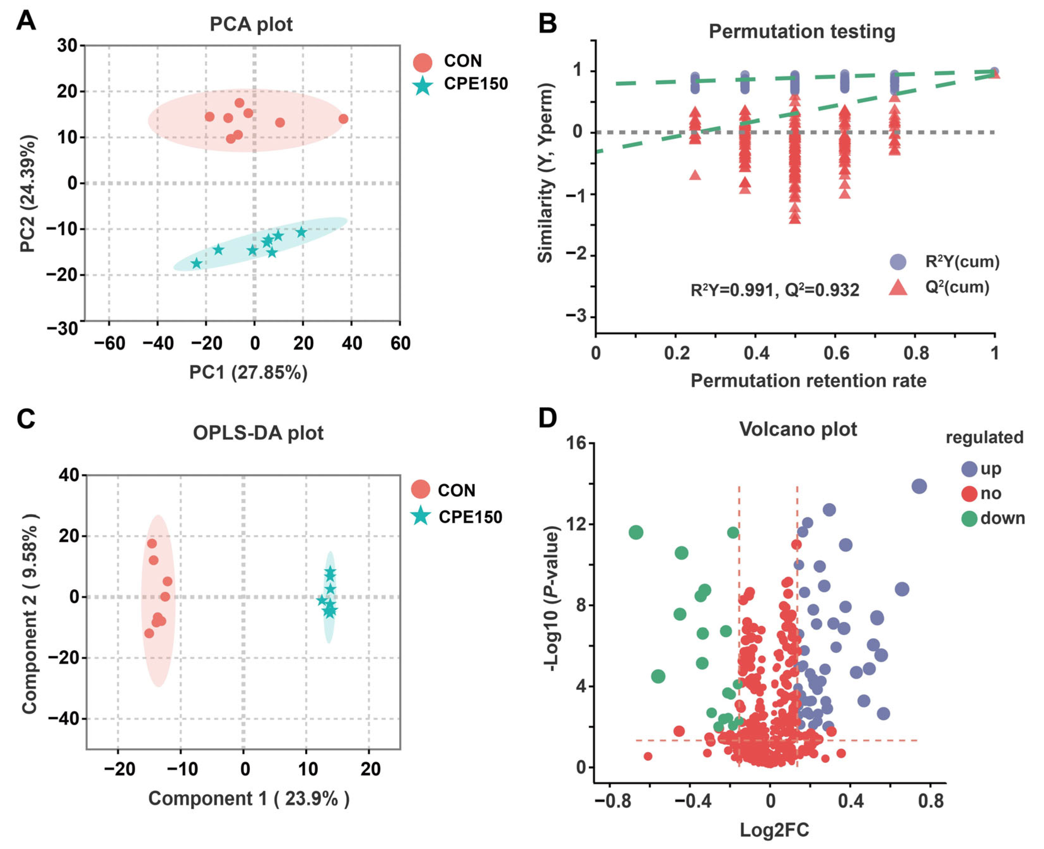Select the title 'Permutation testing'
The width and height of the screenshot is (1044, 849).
[x=802, y=32]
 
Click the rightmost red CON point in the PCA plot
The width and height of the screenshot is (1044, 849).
[x=343, y=119]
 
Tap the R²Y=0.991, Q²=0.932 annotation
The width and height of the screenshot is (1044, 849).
[x=774, y=290]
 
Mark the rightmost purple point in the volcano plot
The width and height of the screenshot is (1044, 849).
[x=919, y=486]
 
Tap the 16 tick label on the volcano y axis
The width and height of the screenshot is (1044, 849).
[x=575, y=443]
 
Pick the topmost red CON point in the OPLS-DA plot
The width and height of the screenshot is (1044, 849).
[x=152, y=543]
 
